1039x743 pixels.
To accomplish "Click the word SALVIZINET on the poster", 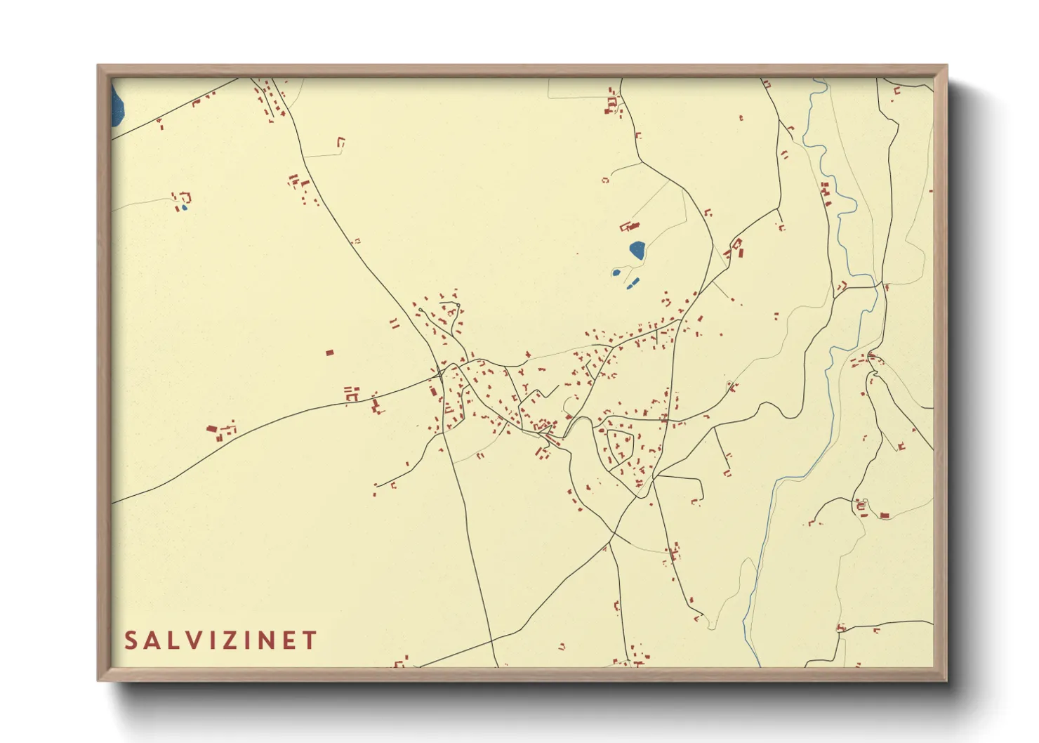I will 220,640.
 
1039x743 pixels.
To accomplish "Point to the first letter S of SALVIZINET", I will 131,640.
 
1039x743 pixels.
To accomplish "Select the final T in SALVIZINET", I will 310,640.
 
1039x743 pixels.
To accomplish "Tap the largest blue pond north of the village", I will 637,250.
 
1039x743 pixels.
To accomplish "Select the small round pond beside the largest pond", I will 616,272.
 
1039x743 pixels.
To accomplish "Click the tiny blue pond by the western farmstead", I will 184,207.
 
